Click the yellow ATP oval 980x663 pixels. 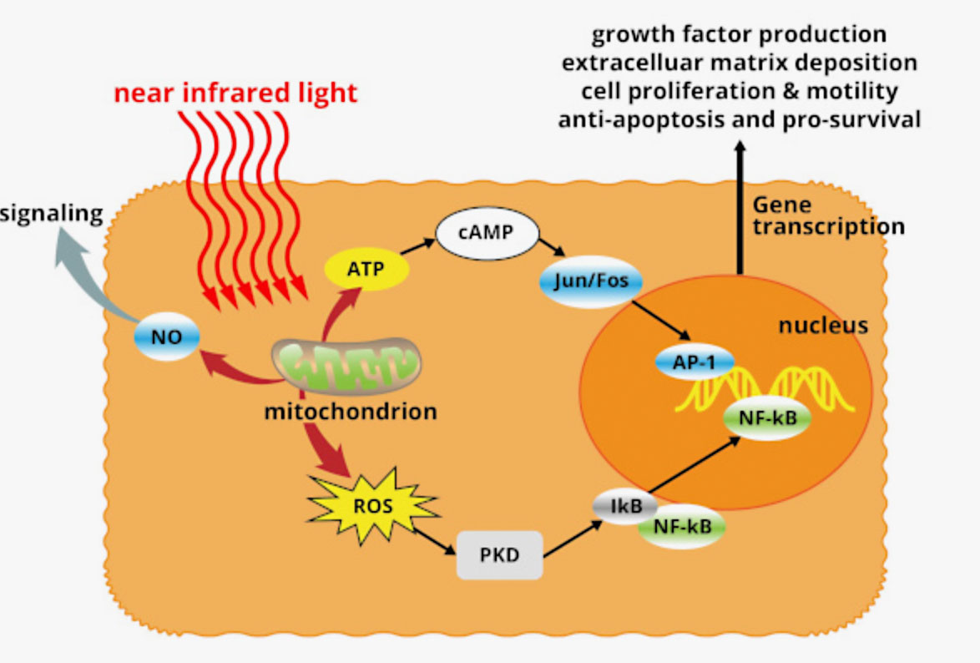[366, 268]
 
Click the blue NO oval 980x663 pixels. [167, 337]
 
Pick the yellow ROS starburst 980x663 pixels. [371, 504]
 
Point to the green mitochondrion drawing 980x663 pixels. [346, 365]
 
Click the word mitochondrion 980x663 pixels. [351, 411]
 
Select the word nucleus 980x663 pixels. [823, 325]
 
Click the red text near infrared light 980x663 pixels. [235, 92]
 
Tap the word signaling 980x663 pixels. [52, 214]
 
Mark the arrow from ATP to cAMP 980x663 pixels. [420, 249]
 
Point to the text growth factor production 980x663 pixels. [739, 35]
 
